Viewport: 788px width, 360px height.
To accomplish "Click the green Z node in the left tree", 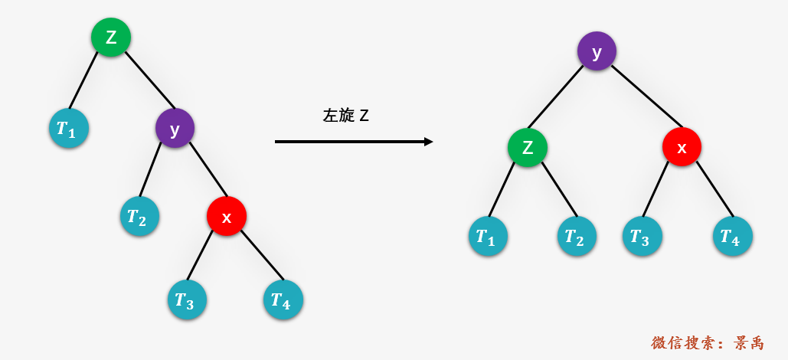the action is coord(111,38).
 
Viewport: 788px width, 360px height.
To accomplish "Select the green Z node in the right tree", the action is coord(527,148).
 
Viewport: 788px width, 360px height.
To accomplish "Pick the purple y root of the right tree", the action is coord(597,51).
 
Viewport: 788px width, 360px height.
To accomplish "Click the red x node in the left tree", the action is coord(227,216).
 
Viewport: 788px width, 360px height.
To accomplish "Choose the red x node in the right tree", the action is coord(682,147).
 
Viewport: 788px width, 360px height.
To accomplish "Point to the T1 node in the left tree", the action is coord(69,128).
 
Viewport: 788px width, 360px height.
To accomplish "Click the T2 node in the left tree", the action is coord(139,216).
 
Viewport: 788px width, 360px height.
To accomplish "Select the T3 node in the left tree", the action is coord(188,299).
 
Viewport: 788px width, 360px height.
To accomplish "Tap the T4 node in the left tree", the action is coord(283,299).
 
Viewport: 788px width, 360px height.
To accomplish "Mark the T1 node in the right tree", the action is coord(488,236).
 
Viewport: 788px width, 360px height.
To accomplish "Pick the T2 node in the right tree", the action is coord(577,236).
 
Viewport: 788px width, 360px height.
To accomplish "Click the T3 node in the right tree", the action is coord(642,236).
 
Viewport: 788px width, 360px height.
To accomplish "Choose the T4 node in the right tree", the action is coord(733,236).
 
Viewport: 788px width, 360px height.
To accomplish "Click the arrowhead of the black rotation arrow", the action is coord(429,142).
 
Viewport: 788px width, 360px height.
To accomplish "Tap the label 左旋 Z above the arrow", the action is coord(346,116).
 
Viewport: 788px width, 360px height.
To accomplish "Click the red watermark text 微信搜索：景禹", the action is coord(708,343).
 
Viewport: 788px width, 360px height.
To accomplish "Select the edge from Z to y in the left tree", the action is coord(150,80).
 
